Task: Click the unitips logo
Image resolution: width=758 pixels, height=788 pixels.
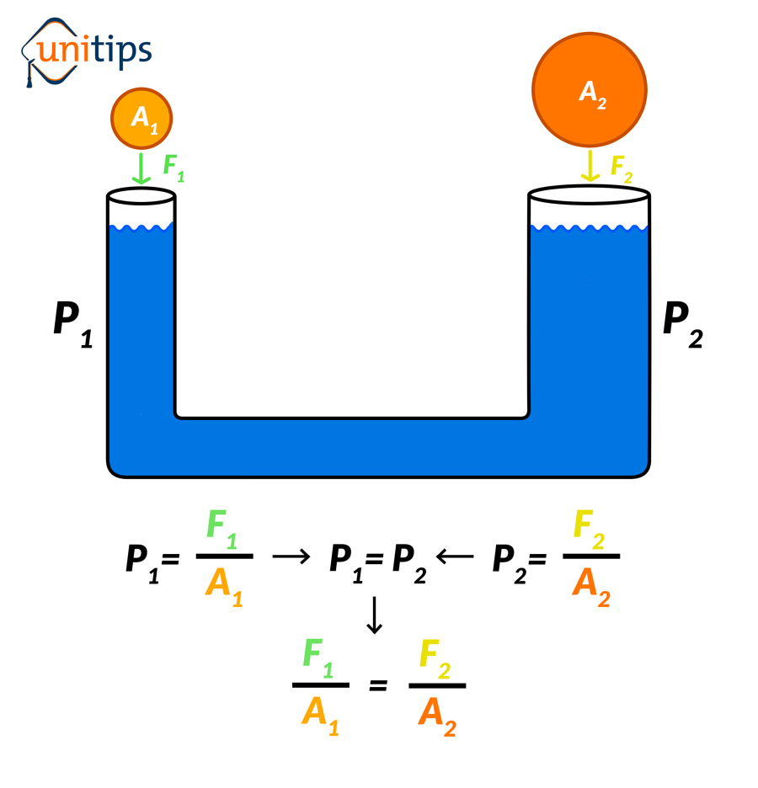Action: point(86,52)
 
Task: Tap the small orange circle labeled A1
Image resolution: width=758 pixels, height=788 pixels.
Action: point(141,119)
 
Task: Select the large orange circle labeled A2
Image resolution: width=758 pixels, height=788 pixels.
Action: point(590,89)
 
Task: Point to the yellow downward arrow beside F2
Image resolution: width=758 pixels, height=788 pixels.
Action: point(590,166)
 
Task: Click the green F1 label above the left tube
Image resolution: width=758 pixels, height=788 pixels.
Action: point(173,167)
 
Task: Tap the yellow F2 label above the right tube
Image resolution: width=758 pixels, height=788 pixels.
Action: point(622,168)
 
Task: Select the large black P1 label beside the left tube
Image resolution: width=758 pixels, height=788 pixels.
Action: point(72,322)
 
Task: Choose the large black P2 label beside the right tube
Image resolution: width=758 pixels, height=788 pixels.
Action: point(682,322)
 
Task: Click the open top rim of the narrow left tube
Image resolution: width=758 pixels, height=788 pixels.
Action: point(141,197)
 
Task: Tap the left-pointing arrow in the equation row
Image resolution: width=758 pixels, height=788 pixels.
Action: point(455,556)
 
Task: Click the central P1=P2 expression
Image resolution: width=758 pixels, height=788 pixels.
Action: point(377,559)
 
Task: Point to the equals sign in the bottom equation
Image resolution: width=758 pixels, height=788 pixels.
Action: point(378,685)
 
